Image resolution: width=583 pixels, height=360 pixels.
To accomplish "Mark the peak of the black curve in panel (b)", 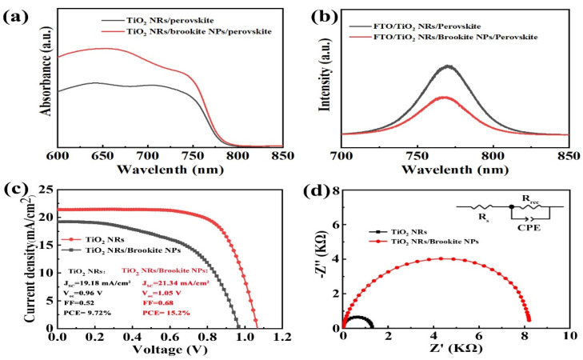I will pyautogui.click(x=448, y=66).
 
